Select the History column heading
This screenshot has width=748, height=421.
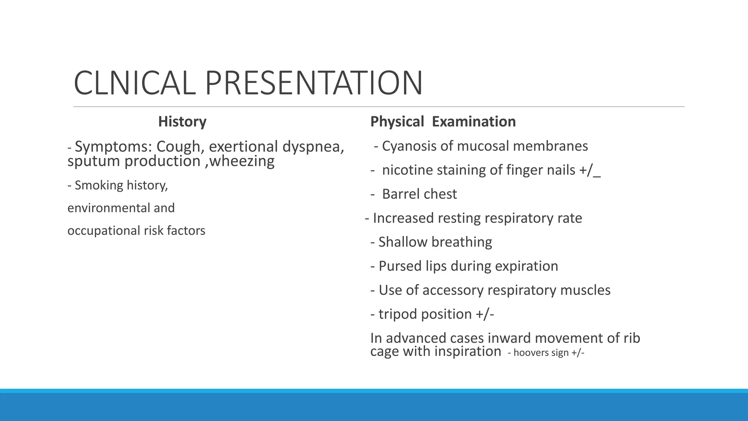coord(182,121)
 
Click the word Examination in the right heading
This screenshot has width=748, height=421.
coord(474,121)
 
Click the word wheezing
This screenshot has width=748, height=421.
coord(242,161)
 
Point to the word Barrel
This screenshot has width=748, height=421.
coord(401,194)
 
